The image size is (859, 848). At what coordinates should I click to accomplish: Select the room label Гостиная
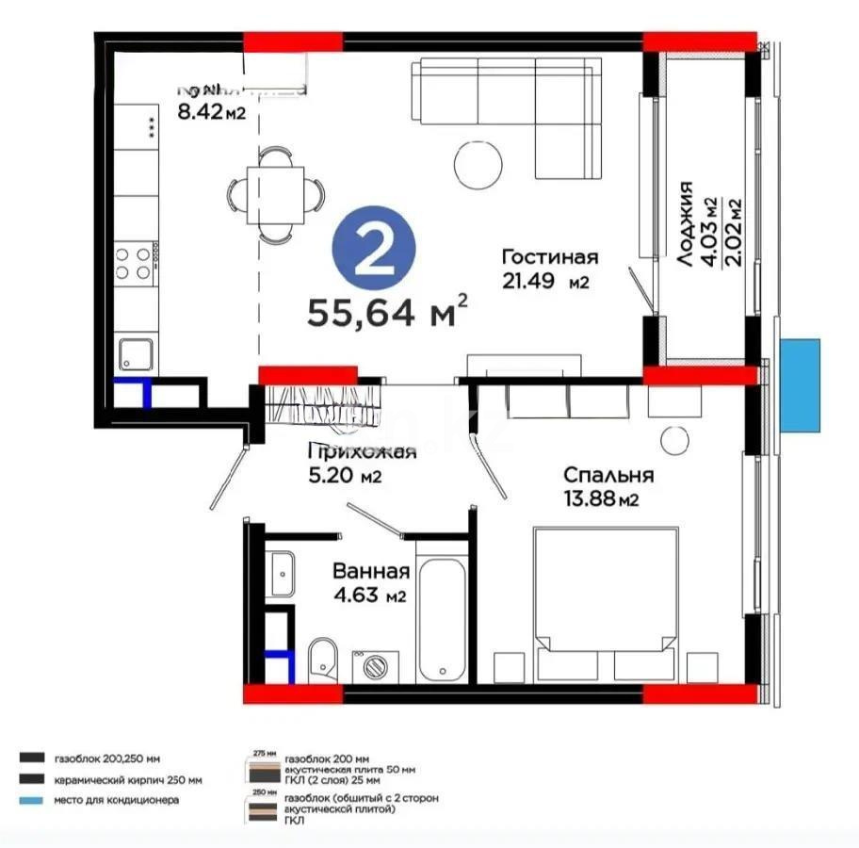[549, 257]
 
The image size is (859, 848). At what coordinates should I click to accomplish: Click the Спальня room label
[608, 475]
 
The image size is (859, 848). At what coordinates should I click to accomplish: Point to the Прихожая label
[363, 451]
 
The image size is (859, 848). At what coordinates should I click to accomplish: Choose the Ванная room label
[370, 572]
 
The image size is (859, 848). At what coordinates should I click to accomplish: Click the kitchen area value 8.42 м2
[211, 114]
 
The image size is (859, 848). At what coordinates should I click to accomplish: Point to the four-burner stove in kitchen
[134, 263]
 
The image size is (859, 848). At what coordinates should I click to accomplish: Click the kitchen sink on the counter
[137, 355]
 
